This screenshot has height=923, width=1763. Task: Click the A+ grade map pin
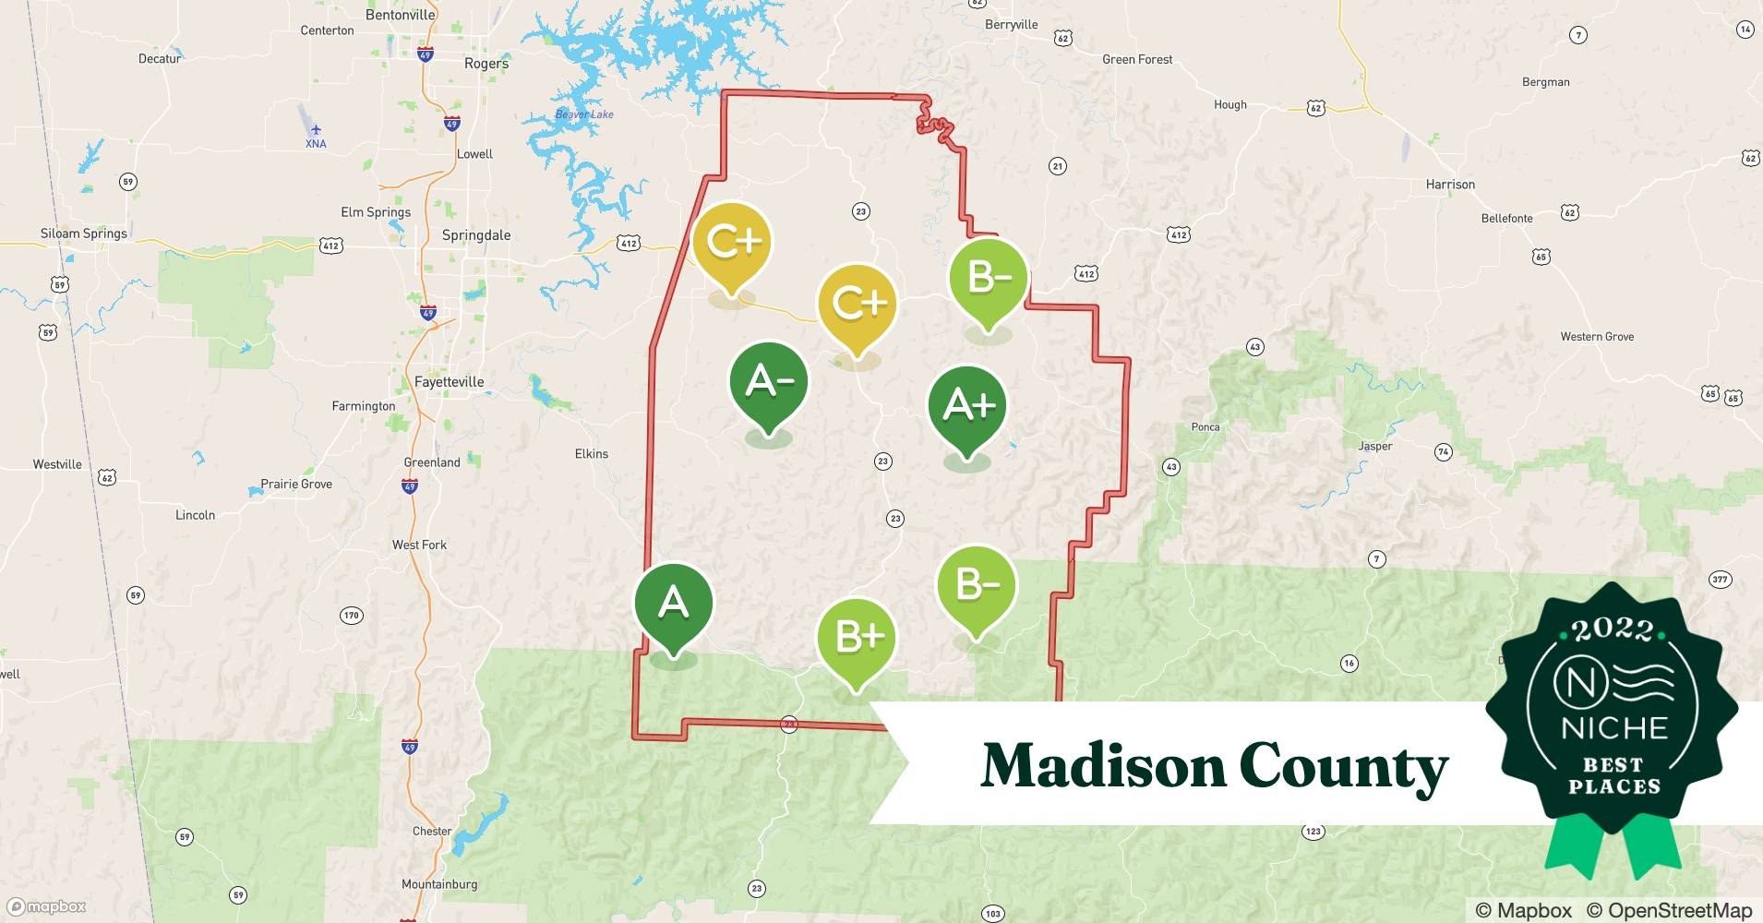coord(967,406)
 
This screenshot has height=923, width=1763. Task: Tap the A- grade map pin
coord(768,381)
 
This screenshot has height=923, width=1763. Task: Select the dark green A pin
coord(673,603)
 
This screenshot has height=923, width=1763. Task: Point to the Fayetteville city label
coord(449,382)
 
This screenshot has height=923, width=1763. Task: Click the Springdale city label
coord(475,235)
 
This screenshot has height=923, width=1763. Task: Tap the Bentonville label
coord(400,15)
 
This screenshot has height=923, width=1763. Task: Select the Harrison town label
coord(1450,185)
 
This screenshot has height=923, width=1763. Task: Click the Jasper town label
coord(1374,447)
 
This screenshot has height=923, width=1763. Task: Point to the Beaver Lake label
coord(583,114)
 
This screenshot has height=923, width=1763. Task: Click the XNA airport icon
coord(316,130)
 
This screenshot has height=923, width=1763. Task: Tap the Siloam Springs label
coord(84,234)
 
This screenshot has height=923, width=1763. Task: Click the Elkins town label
coord(591,454)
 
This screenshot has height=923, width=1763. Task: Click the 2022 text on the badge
coord(1613,629)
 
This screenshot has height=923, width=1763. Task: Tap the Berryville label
coord(1011,25)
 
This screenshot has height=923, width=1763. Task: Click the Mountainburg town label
coord(439,884)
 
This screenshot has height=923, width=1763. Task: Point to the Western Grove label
coord(1597,337)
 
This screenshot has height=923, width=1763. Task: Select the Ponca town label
coord(1205,427)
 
